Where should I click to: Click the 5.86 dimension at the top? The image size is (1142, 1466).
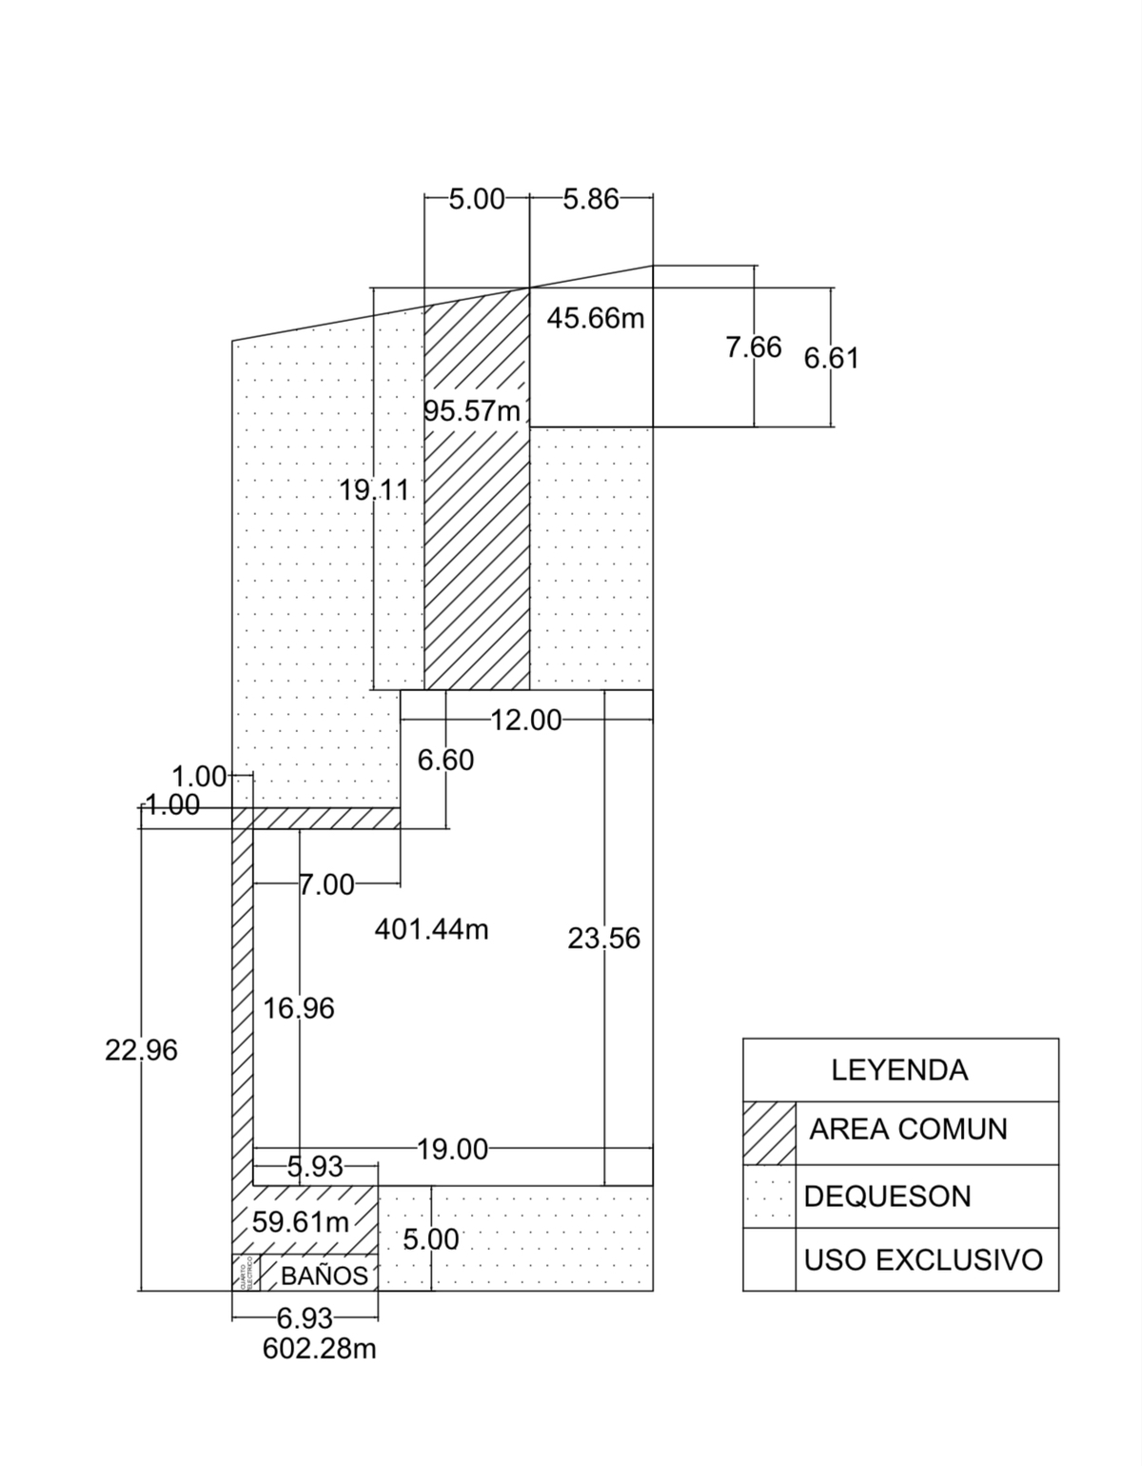(591, 199)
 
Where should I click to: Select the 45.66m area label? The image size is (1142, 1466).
(596, 318)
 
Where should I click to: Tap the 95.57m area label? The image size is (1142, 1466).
(472, 411)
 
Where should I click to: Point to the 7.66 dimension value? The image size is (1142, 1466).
(754, 347)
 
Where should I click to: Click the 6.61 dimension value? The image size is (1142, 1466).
(832, 358)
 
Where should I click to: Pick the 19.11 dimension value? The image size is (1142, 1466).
(374, 490)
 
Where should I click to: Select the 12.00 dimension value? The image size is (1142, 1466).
(526, 721)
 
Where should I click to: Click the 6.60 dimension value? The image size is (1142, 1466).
(445, 760)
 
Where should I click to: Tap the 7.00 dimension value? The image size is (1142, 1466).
(326, 885)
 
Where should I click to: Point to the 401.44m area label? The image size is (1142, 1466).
(431, 929)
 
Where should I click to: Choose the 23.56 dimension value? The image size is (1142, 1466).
(604, 939)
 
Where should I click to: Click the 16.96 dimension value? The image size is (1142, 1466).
(299, 1008)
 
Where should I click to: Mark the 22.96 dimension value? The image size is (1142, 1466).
(142, 1050)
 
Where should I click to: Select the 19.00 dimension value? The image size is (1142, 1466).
(453, 1150)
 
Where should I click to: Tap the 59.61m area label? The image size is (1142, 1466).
(301, 1221)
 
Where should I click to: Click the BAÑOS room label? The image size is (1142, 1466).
(325, 1276)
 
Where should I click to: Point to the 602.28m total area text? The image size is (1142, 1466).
(320, 1349)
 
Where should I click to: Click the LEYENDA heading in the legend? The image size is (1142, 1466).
(899, 1070)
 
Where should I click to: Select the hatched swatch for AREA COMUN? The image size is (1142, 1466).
(769, 1133)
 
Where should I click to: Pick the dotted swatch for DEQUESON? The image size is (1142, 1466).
(769, 1197)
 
